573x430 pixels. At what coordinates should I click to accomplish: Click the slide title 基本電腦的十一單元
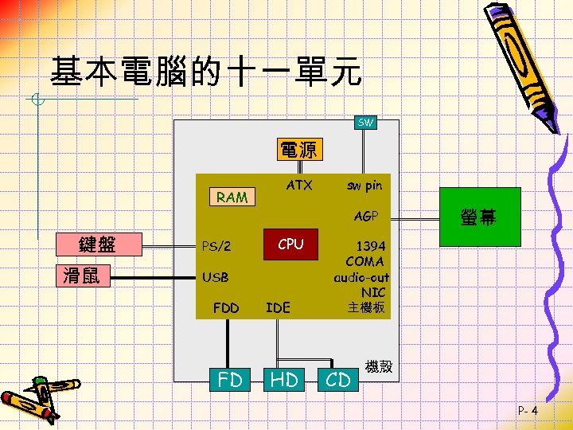205,73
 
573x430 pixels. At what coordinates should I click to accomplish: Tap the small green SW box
365,123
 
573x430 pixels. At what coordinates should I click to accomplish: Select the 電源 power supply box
298,150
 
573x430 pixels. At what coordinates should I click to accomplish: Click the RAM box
232,197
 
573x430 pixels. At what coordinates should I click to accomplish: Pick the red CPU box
290,244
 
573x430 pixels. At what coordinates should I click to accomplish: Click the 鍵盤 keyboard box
98,244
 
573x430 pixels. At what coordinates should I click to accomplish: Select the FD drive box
230,380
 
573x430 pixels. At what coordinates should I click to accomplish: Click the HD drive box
284,380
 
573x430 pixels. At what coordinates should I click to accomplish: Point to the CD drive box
338,380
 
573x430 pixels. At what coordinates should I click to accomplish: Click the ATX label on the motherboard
299,186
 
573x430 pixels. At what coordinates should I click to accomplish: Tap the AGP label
366,216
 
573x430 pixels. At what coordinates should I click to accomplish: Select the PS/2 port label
216,246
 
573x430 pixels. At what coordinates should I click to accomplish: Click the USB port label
216,277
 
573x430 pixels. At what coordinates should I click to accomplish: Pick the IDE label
278,307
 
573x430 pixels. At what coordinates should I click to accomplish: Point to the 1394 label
371,246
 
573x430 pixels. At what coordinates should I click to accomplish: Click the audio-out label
361,277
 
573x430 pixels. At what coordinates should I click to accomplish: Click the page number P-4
528,411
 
